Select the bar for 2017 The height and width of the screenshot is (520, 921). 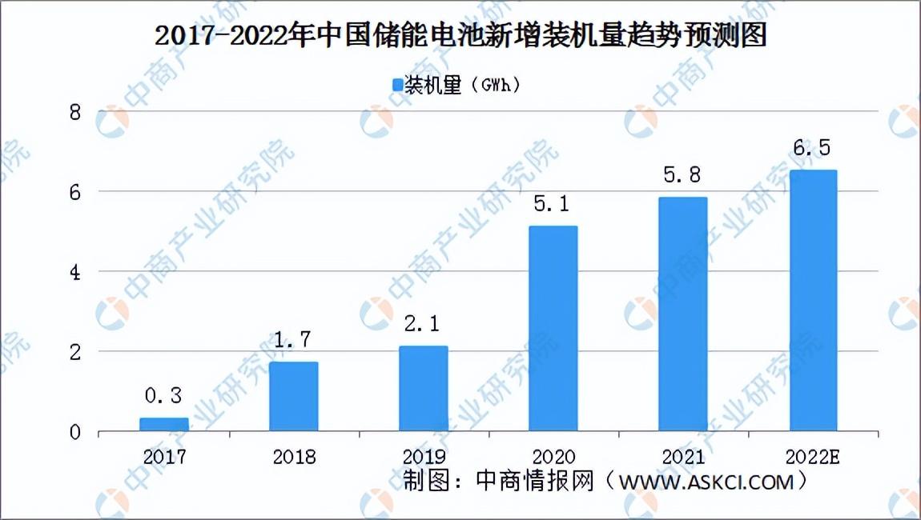164,424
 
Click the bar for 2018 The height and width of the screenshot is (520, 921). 294,397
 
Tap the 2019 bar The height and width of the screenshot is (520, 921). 424,389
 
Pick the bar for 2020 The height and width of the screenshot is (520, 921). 553,329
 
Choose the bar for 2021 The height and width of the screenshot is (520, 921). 682,314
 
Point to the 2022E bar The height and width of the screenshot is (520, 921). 813,301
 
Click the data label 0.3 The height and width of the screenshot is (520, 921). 163,396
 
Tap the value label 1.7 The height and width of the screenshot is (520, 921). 292,340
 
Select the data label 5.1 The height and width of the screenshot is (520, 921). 552,204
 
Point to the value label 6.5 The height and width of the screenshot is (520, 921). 812,148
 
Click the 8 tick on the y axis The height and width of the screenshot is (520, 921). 74,111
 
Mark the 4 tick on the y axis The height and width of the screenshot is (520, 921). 74,272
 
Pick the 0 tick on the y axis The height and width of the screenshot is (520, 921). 74,433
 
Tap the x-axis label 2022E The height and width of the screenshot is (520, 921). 812,457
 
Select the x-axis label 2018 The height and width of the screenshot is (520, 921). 294,457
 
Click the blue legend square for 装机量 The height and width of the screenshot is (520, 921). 398,86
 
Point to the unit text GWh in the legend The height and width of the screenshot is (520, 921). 501,85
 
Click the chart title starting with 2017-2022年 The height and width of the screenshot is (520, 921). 460,35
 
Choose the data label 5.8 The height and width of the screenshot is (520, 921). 682,175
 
